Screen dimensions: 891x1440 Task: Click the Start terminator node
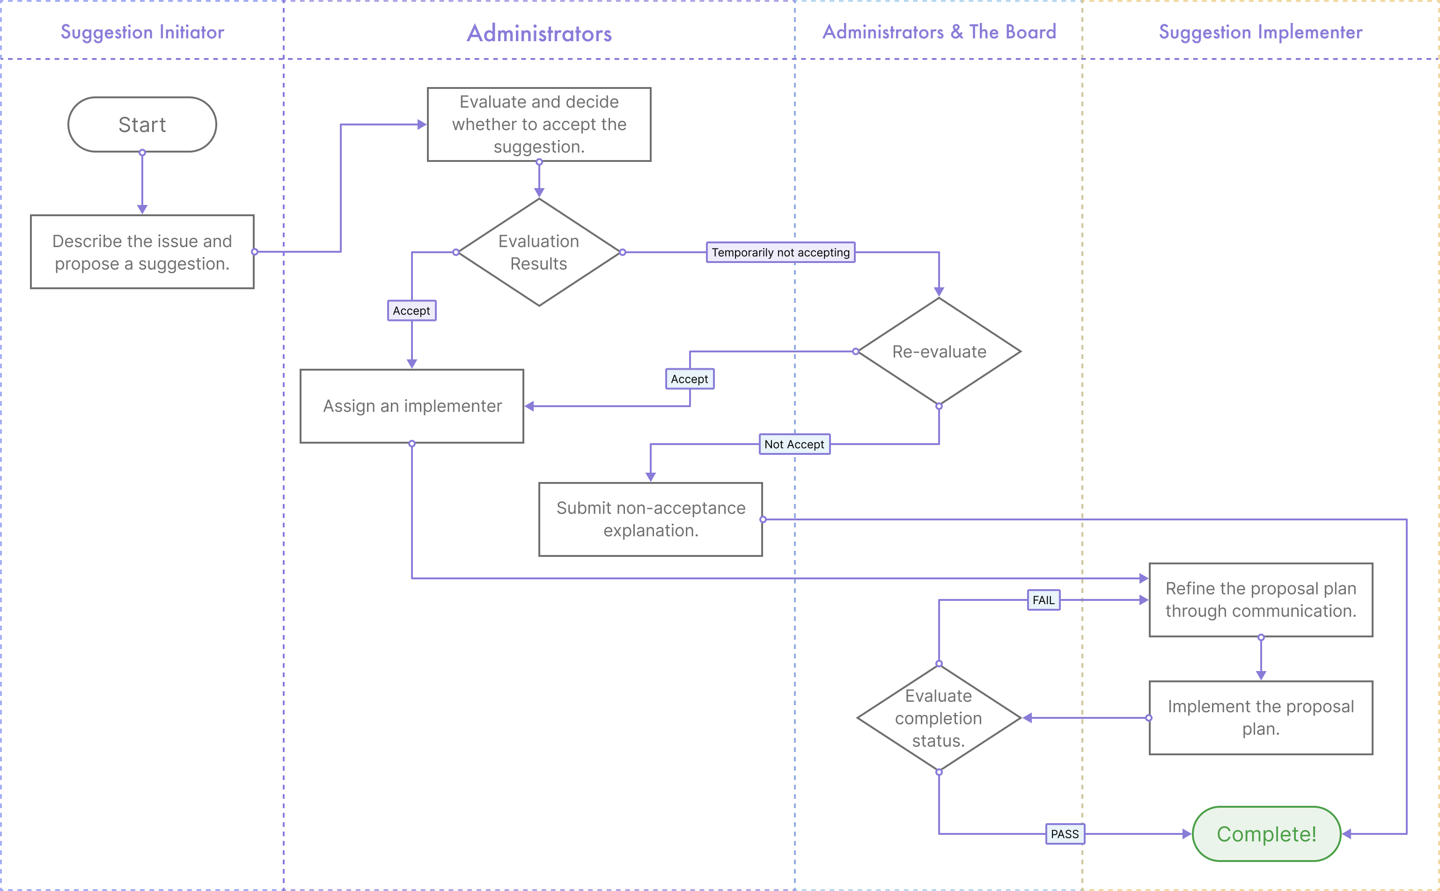click(x=142, y=124)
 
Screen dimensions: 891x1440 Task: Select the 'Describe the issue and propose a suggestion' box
click(x=142, y=252)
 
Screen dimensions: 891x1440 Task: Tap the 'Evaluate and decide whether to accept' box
click(x=539, y=124)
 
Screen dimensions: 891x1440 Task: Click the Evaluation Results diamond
click(x=539, y=252)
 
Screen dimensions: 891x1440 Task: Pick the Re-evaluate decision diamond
click(x=939, y=352)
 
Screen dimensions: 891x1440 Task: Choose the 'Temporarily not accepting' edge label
click(x=780, y=252)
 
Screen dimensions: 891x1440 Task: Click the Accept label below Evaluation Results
click(x=411, y=311)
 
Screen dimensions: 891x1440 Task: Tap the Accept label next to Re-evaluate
click(x=690, y=379)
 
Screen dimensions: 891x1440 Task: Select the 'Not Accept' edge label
click(x=794, y=444)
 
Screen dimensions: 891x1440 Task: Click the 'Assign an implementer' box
click(x=412, y=406)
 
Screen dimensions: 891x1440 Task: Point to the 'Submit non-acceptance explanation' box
click(x=651, y=519)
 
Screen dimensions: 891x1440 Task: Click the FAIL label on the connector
click(x=1043, y=600)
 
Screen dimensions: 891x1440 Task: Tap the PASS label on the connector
click(x=1065, y=834)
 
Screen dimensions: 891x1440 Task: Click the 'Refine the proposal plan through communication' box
click(x=1261, y=600)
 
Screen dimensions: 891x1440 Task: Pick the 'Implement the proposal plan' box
click(x=1261, y=718)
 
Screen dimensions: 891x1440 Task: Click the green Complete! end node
click(x=1266, y=834)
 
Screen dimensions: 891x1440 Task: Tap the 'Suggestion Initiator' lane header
click(x=142, y=32)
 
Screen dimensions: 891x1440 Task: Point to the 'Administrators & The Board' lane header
click(x=939, y=32)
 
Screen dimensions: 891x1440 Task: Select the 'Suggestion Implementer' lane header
click(x=1260, y=32)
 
